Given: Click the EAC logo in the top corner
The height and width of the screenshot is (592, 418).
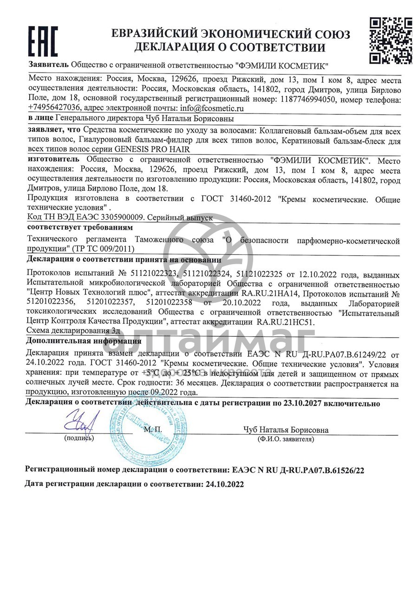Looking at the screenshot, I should click(43, 41).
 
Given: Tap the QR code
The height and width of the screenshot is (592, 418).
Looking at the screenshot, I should click(390, 40).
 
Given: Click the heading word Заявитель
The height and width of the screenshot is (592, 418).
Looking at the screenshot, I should click(48, 65).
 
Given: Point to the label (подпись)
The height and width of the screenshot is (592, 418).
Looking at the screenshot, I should click(79, 438).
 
